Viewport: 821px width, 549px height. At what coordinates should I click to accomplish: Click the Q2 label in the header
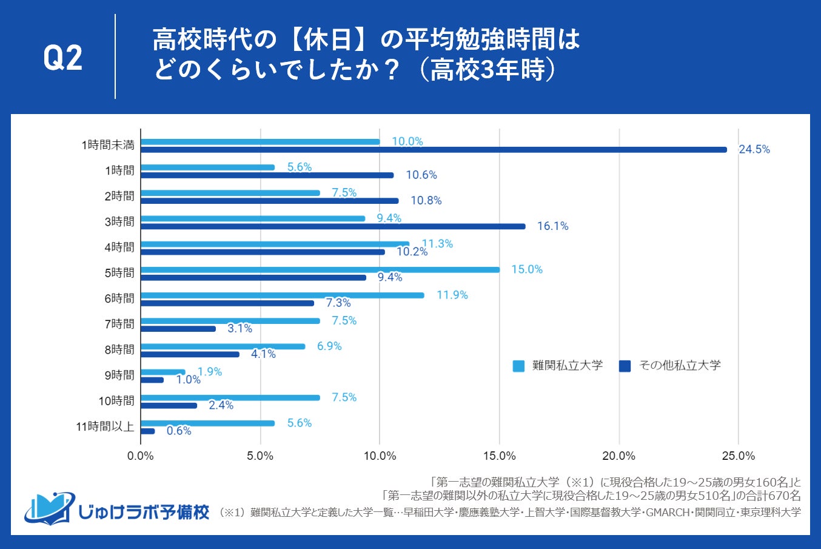tap(63, 58)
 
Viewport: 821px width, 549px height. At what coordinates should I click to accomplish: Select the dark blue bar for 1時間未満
tap(434, 150)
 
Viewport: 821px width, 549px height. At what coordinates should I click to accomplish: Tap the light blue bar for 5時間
tap(320, 269)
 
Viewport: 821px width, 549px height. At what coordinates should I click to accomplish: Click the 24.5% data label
tap(754, 149)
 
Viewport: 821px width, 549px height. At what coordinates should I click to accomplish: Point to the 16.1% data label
tap(552, 226)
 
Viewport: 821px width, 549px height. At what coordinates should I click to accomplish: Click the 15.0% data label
tap(527, 269)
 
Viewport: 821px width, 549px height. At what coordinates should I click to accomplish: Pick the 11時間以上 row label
tap(105, 426)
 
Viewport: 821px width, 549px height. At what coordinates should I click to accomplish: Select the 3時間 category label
tap(119, 221)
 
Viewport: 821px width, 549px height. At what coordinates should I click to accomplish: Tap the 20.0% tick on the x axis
tap(619, 456)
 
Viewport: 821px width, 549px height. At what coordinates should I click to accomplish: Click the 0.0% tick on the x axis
tap(141, 456)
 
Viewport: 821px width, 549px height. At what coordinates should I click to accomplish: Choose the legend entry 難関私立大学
tap(558, 366)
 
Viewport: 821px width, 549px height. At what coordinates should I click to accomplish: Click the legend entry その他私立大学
tap(670, 366)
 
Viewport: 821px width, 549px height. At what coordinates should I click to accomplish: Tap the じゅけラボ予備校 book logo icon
tap(50, 508)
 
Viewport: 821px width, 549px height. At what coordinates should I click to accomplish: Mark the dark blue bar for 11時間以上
tap(148, 431)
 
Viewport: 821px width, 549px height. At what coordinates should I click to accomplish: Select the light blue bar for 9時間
tap(163, 372)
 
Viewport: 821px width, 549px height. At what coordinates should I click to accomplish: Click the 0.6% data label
tap(179, 431)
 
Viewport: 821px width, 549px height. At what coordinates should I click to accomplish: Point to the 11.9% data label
tap(452, 295)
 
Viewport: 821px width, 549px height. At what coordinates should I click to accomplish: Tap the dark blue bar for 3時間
tap(333, 226)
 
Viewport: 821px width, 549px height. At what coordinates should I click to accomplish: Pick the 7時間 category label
tap(119, 324)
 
